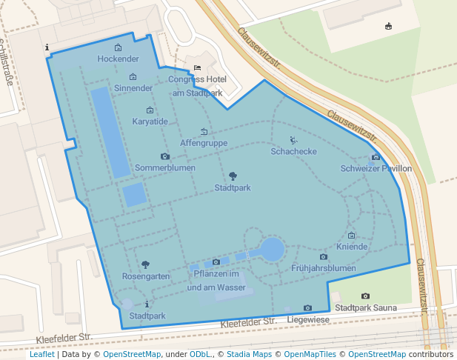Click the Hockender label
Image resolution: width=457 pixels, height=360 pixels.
[119, 59]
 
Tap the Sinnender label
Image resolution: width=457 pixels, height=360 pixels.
[133, 88]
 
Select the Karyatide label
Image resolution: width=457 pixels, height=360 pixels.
[150, 121]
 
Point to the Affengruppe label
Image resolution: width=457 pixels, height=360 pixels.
[204, 143]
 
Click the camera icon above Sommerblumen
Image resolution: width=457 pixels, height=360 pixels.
[165, 156]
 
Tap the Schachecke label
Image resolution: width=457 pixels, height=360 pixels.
[294, 151]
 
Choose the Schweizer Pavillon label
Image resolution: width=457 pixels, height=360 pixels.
[376, 168]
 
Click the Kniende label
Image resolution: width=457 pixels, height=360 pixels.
[352, 246]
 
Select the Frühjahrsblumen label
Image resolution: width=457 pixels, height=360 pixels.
[324, 268]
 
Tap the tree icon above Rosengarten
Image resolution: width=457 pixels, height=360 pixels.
[145, 264]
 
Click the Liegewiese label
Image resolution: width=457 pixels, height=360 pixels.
[308, 319]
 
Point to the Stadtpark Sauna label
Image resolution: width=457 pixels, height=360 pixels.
[366, 307]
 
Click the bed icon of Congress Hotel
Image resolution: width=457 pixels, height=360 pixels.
[197, 68]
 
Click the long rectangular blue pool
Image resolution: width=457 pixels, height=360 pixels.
[110, 132]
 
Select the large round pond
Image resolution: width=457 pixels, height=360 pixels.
[272, 249]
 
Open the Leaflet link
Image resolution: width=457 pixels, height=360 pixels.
[41, 355]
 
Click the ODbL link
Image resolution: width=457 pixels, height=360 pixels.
[200, 355]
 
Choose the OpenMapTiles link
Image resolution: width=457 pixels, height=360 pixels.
[310, 355]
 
